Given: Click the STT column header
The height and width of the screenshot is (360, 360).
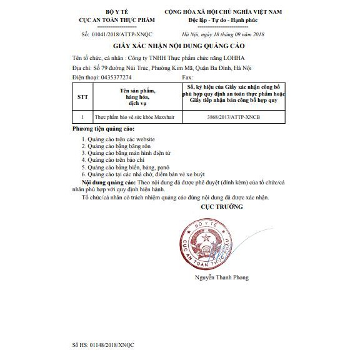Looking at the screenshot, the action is click(x=82, y=97).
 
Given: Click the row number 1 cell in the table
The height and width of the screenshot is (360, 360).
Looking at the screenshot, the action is click(x=82, y=117).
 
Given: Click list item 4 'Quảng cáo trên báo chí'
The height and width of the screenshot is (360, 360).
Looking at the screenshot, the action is click(x=116, y=160).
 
